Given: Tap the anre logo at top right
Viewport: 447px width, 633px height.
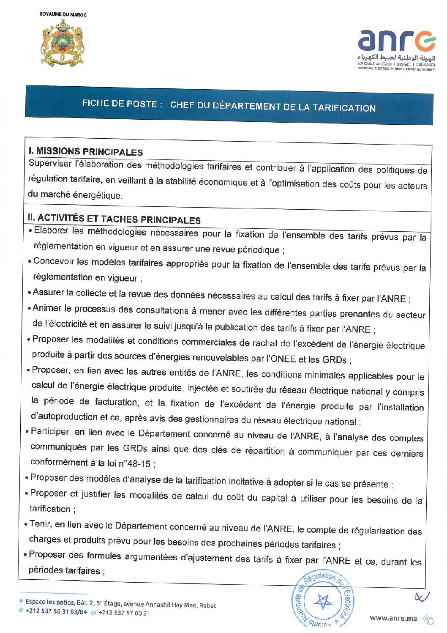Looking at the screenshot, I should (x=396, y=49).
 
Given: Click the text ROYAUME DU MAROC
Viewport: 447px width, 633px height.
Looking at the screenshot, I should (x=63, y=14).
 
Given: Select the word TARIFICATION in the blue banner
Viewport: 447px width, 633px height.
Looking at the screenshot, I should (x=344, y=108).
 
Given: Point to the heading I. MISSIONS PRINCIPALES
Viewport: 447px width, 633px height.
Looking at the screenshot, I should (x=86, y=151).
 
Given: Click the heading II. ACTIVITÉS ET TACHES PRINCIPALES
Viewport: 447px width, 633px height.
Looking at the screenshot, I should (x=114, y=219).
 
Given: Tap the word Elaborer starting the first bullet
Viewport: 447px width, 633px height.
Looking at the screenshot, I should (x=51, y=230).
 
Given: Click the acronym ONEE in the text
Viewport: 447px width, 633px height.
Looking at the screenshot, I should (x=281, y=359).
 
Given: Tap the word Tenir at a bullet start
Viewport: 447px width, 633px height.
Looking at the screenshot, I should (x=40, y=524).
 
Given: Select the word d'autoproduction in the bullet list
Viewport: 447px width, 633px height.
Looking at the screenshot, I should (x=64, y=416).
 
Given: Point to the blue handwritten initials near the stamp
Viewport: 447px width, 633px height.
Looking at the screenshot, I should (x=422, y=596).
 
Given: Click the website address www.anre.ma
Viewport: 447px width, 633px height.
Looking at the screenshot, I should (x=393, y=618).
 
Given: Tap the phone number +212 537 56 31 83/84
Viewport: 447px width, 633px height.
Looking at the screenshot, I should (x=56, y=611).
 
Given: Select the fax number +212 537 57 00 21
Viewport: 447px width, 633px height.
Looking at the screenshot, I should (x=124, y=613).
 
